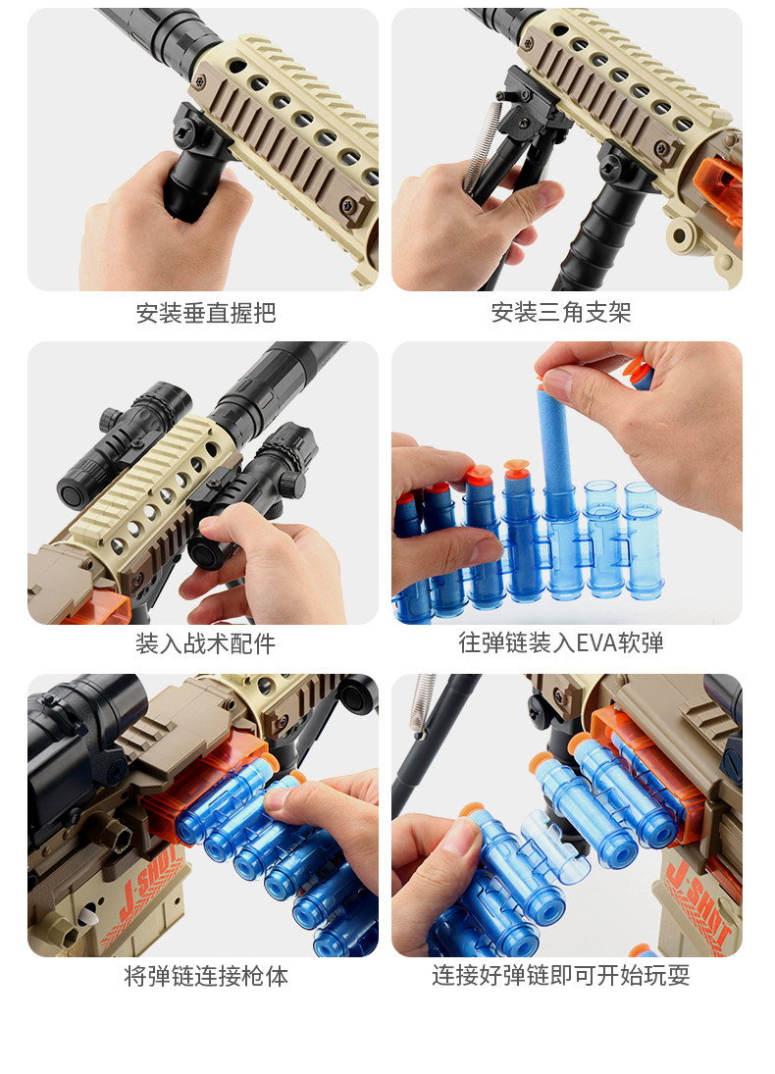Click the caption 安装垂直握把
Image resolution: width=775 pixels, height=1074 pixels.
[x=206, y=313]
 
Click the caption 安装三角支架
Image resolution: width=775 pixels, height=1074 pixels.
[x=560, y=313]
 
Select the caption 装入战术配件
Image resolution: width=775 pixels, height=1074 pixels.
[x=206, y=643]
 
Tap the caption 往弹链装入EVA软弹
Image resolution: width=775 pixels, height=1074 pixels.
[x=561, y=643]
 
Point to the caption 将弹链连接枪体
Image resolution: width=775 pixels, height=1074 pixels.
[x=206, y=976]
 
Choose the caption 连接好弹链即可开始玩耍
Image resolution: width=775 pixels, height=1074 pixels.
[x=560, y=975]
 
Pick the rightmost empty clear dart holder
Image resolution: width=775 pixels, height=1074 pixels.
[x=643, y=541]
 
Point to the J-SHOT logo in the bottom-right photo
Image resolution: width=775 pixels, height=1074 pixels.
[x=697, y=905]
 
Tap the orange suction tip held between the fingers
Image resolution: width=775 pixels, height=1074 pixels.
[x=638, y=370]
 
